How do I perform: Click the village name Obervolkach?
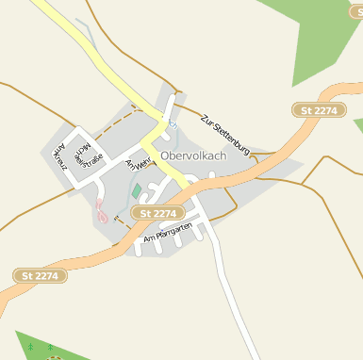coord(193,155)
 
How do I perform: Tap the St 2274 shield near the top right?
coord(318,111)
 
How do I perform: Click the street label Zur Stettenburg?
coord(224,134)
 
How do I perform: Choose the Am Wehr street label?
coord(138,165)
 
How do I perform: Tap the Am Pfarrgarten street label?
coord(168,234)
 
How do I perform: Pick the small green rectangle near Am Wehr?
coord(136,191)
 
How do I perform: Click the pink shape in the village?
coord(100,211)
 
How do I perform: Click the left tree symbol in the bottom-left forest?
coord(30,348)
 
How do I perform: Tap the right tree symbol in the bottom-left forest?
coord(50,348)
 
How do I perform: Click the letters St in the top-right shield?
coord(305,111)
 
